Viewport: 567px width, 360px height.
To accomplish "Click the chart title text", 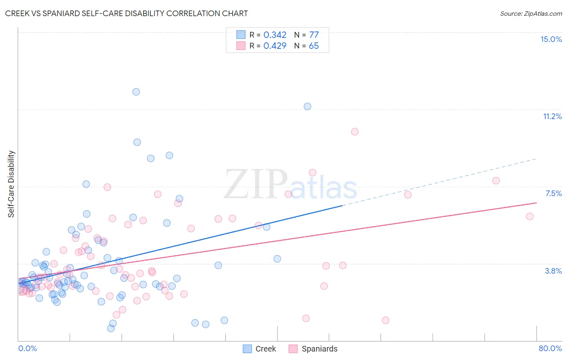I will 126,13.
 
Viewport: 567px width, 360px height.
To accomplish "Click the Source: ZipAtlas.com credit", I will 531,13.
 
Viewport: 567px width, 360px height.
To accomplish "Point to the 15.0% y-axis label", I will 551,39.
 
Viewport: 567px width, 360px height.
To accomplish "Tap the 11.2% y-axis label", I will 552,116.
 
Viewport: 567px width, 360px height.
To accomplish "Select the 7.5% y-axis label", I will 553,193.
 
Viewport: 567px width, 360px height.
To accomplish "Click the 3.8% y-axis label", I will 553,271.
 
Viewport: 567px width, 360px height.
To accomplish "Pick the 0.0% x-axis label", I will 27,348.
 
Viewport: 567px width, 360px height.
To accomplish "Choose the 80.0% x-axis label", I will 550,348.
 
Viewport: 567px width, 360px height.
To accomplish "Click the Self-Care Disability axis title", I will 11,184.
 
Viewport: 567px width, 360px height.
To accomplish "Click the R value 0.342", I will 275,35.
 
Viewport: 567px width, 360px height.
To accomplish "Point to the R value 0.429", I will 275,46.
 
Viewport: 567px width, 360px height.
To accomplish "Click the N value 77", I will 314,35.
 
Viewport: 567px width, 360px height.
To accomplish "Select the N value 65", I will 314,46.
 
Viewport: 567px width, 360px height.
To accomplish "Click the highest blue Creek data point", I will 136,92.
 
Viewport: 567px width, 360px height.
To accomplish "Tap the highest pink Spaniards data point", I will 355,132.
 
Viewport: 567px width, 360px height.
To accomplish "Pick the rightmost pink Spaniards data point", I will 530,216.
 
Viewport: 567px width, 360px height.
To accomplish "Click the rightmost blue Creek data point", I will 307,107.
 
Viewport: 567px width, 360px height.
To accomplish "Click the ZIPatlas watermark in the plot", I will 290,185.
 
